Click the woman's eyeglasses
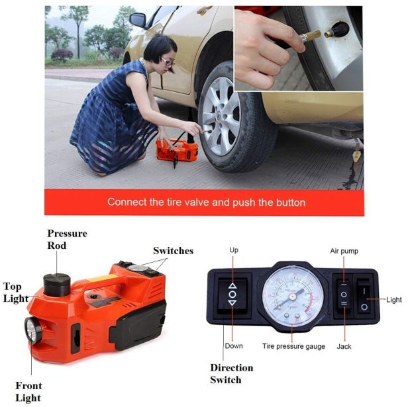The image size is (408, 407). pos(168,62)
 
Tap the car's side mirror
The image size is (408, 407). pos(138,20)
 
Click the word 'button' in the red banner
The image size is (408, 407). pos(291,203)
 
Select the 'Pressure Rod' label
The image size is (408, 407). pos(67,240)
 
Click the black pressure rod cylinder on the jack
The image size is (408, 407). pos(57,285)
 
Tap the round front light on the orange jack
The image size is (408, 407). pos(32,330)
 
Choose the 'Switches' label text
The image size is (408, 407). pos(174,251)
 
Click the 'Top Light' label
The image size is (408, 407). pos(16,293)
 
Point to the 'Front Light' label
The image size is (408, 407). pos(28,392)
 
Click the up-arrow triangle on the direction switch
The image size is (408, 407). pos(232,286)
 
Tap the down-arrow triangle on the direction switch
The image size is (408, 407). pos(232,302)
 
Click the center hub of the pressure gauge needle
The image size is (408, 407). pos(293,296)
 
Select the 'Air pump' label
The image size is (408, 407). pos(344,251)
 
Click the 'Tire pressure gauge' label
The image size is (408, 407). pos(293,346)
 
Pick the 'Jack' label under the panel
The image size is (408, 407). pos(344,346)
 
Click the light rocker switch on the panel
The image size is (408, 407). pos(364,296)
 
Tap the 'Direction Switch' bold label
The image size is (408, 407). pos(232,374)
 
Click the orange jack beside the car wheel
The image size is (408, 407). pos(177,150)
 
